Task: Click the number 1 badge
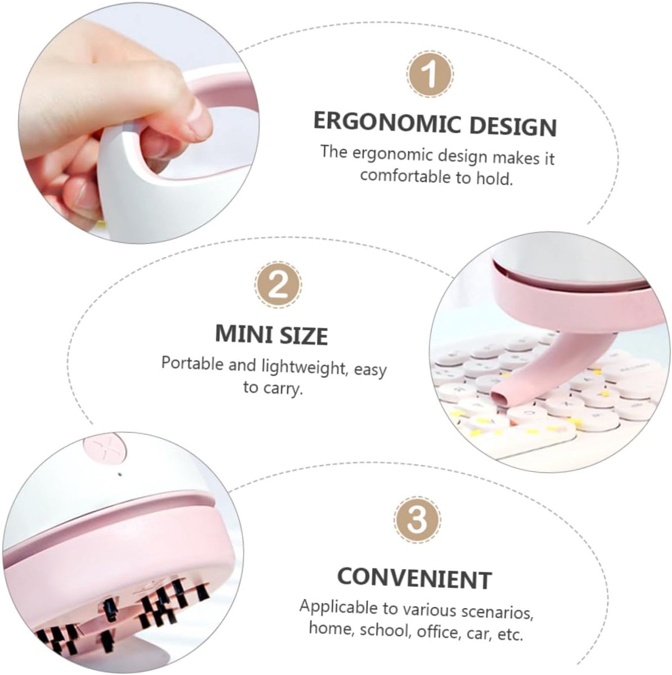click(x=430, y=74)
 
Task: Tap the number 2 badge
click(x=278, y=285)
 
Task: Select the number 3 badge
click(x=417, y=520)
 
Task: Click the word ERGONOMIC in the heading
click(x=386, y=122)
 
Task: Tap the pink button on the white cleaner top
click(x=105, y=449)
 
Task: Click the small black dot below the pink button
click(x=121, y=475)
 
